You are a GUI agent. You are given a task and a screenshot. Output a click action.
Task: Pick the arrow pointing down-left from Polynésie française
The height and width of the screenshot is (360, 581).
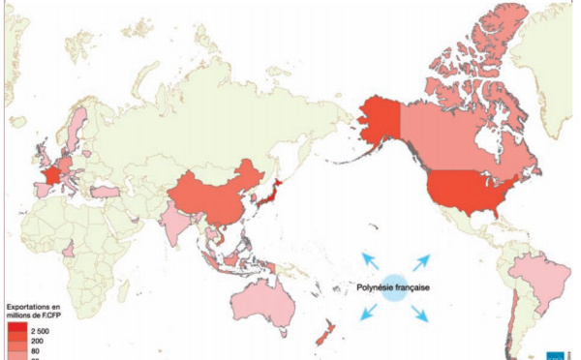click(x=369, y=313)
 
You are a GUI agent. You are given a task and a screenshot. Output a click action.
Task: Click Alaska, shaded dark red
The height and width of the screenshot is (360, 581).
click(x=378, y=122)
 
